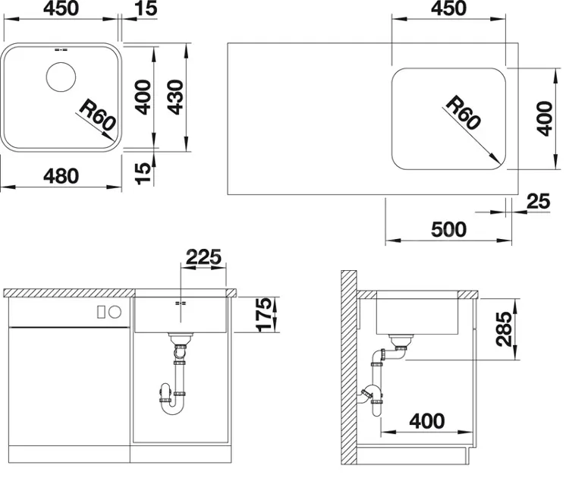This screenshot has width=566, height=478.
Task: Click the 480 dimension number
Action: click(61, 176)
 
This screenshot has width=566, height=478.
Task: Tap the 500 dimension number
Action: click(448, 229)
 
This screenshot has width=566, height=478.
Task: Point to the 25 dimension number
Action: click(538, 202)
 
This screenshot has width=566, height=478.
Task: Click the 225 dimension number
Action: click(203, 257)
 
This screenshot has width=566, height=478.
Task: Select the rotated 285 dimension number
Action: click(504, 329)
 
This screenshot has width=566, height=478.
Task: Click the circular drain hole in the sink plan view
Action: click(61, 77)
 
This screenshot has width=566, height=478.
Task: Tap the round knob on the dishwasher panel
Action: click(115, 312)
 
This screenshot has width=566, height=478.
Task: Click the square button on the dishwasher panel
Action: click(102, 312)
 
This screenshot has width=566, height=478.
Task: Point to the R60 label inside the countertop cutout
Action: click(463, 113)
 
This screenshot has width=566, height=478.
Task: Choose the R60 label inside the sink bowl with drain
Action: click(97, 115)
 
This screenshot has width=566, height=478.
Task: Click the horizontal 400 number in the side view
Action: click(426, 421)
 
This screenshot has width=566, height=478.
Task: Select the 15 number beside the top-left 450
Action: click(146, 8)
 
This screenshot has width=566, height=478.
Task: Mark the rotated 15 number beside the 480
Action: click(143, 173)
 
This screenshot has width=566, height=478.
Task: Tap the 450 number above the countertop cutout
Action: click(448, 8)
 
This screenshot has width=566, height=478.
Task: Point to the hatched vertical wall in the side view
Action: click(349, 367)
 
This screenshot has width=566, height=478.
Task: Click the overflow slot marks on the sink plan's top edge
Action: click(61, 50)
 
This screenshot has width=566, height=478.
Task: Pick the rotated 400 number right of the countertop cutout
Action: click(544, 119)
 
